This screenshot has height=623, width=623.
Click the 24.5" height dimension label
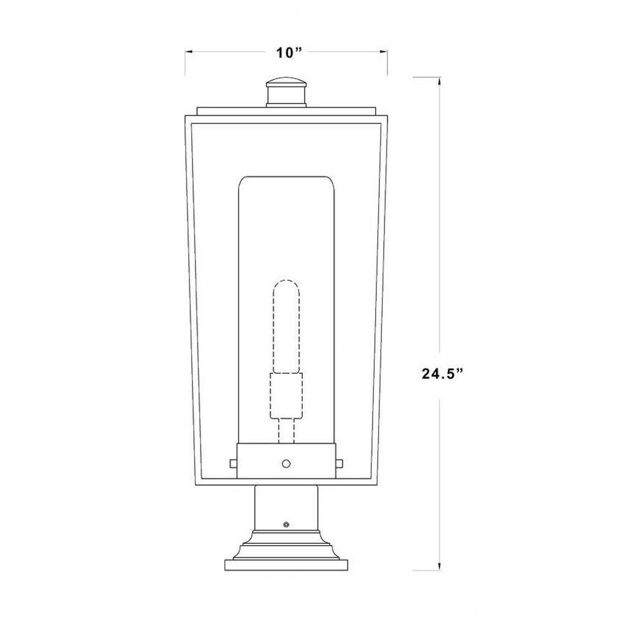point(442,374)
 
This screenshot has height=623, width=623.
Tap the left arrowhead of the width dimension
point(189,52)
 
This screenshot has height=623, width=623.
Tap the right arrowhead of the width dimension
point(383,52)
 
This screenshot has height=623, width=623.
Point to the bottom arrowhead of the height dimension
point(439,566)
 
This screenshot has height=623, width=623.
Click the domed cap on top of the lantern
point(287,82)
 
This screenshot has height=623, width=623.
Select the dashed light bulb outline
point(286,326)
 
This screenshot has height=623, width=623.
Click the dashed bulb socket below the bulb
point(286,396)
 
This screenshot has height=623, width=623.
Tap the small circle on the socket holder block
point(286,464)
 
